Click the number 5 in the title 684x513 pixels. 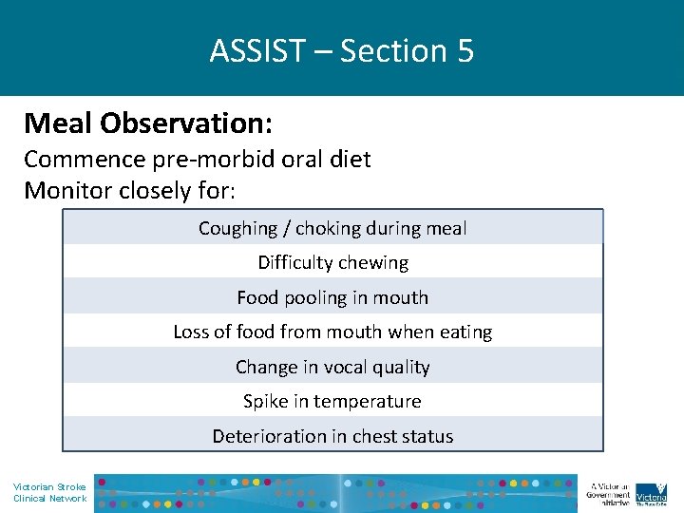(465, 50)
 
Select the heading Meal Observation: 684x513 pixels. (147, 123)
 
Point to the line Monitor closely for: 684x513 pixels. (129, 190)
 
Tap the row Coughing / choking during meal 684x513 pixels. (332, 228)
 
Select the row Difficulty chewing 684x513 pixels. (332, 262)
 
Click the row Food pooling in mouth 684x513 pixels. (332, 297)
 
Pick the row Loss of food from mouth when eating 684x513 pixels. (332, 332)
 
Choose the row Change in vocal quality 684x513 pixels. (332, 367)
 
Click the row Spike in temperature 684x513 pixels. (332, 401)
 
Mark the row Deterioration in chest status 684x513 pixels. (332, 436)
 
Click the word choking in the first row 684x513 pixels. (325, 228)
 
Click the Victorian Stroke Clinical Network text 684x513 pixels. (49, 492)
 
